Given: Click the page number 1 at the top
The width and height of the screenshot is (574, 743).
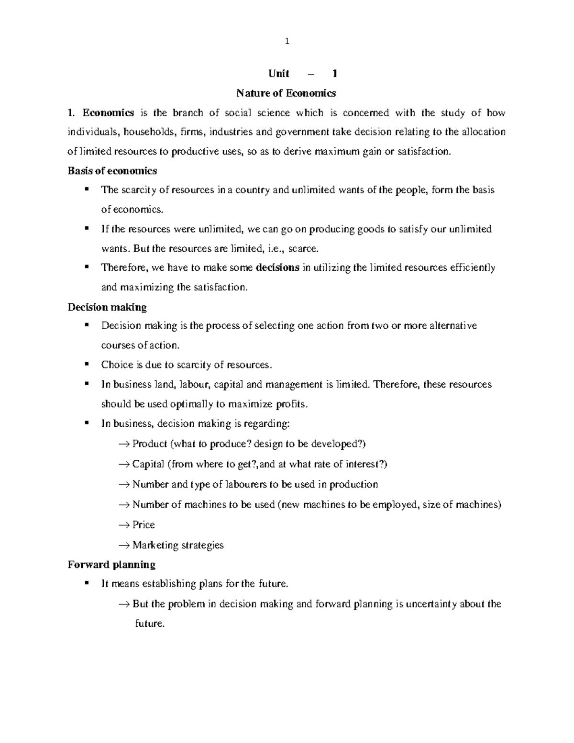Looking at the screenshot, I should click(287, 42).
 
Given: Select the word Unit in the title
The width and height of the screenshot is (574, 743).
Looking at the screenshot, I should click(279, 74).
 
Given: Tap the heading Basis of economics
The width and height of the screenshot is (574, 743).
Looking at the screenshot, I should click(112, 171).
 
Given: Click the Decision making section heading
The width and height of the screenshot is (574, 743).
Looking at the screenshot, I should click(107, 307).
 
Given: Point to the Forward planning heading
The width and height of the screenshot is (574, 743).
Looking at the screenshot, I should click(111, 565).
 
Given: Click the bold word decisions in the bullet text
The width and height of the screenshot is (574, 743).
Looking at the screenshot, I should click(278, 268).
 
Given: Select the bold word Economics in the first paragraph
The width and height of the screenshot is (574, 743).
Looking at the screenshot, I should click(108, 113).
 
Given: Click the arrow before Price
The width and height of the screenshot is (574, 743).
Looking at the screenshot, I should click(124, 525).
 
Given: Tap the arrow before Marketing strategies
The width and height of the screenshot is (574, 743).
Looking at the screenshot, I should click(124, 545).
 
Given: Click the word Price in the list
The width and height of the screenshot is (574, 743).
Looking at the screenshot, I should click(143, 525).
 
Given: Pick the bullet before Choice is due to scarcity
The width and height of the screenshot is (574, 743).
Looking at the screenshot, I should click(87, 364).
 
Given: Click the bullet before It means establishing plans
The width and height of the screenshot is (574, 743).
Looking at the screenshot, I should click(87, 583).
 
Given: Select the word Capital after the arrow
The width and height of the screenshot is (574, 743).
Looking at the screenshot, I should click(148, 465).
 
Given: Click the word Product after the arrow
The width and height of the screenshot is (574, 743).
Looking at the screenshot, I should click(150, 444).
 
